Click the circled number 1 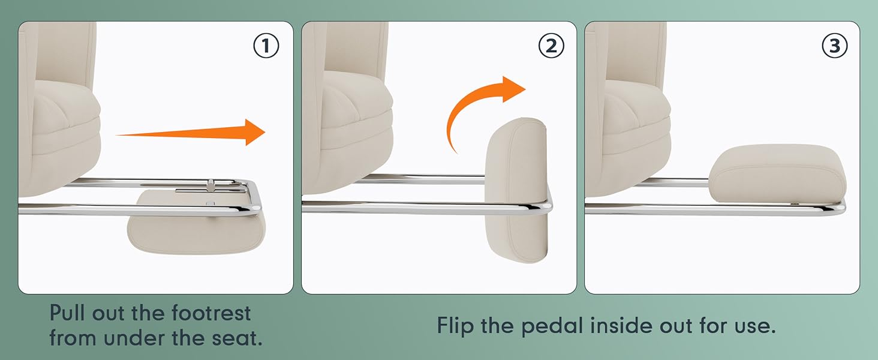coord(266,46)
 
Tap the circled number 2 coord(551,46)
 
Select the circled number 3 coord(834,46)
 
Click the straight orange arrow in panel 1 coord(191,133)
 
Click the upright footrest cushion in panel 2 coord(516,190)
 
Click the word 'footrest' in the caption coord(211,313)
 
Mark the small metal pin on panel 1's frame coord(211,185)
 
